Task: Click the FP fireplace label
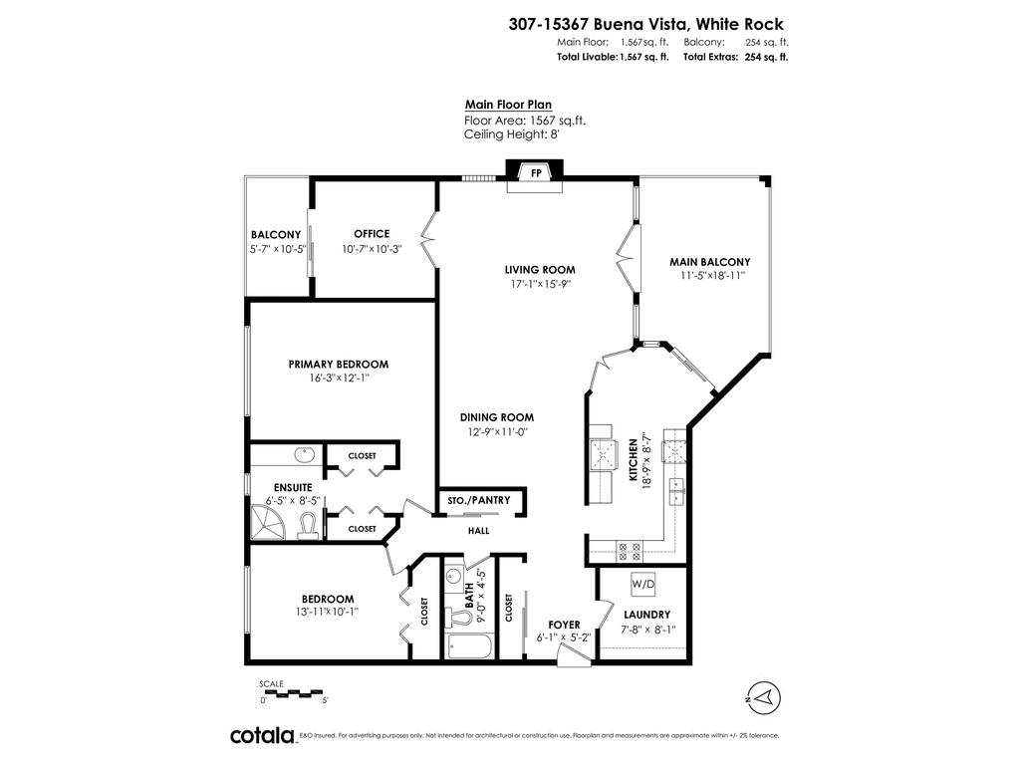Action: tap(536, 173)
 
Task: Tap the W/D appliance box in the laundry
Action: tap(641, 582)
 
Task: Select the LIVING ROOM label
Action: tap(540, 269)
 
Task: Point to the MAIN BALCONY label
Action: tap(709, 262)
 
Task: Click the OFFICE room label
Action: tap(372, 234)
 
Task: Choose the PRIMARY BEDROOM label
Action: tap(339, 364)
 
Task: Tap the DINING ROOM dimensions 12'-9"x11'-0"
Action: tap(497, 431)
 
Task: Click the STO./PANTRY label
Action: tap(480, 500)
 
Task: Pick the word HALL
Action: tap(480, 530)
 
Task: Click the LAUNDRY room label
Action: tap(646, 615)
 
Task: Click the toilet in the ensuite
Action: tap(308, 526)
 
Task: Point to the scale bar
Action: tap(293, 691)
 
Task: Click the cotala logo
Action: tap(262, 735)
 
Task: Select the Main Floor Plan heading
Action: tap(508, 104)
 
